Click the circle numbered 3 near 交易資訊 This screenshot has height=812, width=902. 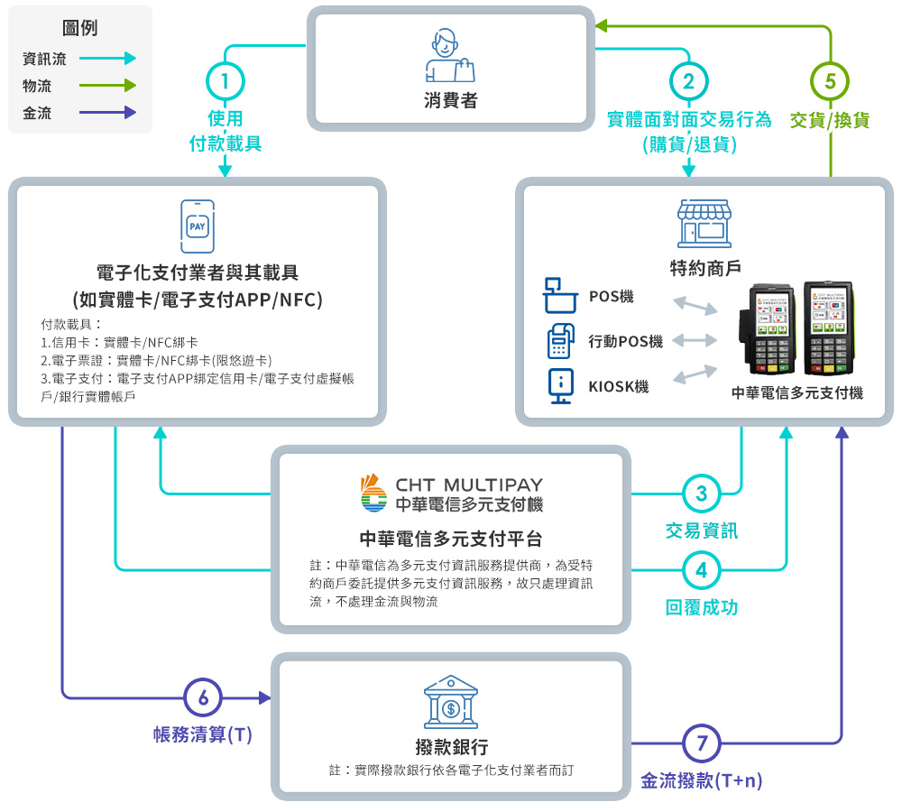pos(701,494)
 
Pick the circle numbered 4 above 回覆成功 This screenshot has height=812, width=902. pos(701,570)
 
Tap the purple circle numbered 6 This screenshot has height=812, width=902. pos(203,697)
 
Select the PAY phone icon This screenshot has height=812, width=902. pos(198,226)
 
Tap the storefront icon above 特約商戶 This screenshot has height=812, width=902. pos(705,224)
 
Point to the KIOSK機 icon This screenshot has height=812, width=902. pos(561,386)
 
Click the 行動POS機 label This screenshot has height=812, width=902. pos(625,341)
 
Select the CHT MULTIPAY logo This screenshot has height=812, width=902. pos(451,494)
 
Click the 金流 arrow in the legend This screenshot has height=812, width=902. pos(106,113)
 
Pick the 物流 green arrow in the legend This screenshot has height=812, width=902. pos(106,86)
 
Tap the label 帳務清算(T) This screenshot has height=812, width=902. pos(203,735)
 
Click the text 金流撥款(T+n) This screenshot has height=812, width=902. pos(701,781)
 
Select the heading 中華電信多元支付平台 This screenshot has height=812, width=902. pos(451,539)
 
